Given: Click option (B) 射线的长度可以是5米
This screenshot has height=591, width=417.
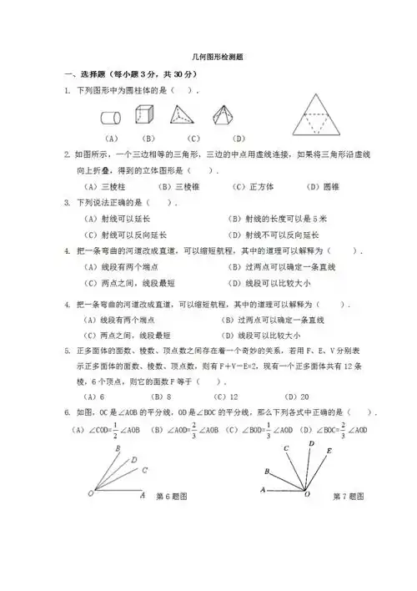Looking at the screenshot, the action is point(279,218).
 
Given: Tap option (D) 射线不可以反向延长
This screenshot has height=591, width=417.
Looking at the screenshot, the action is point(279,235).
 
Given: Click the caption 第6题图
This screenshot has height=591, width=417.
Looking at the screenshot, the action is point(171,496).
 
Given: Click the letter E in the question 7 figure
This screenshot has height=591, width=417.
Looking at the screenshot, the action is point(329,450).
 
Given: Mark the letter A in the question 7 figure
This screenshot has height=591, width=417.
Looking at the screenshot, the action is point(264,489).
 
